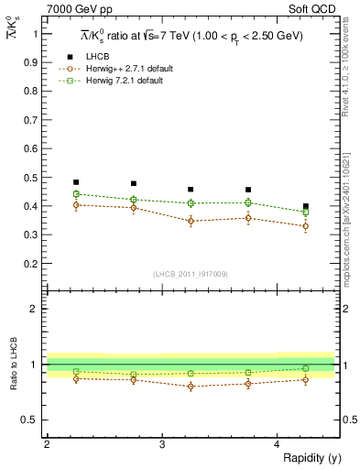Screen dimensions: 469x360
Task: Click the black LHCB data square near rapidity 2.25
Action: [76, 182]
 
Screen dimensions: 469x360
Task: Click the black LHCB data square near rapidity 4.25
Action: [306, 206]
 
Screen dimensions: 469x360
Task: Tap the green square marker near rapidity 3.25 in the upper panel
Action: [191, 202]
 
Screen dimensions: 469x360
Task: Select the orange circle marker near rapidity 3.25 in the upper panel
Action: [191, 221]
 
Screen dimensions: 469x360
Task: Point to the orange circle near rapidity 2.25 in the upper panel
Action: [76, 205]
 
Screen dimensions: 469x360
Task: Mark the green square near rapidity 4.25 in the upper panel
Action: [306, 212]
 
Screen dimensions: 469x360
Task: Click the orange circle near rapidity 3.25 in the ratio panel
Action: [191, 387]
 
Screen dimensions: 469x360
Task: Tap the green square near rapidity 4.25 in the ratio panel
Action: [306, 368]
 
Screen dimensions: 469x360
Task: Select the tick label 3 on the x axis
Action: [162, 444]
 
